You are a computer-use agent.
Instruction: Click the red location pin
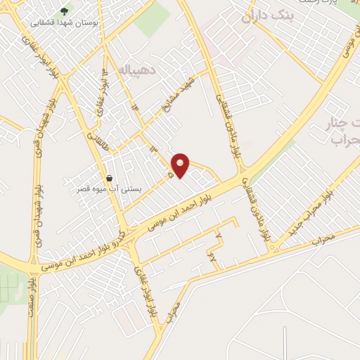point(181,165)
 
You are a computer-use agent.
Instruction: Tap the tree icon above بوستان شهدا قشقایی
point(65,11)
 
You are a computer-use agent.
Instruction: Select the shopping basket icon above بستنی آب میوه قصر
point(109,178)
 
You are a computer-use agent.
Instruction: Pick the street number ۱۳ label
point(153,150)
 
